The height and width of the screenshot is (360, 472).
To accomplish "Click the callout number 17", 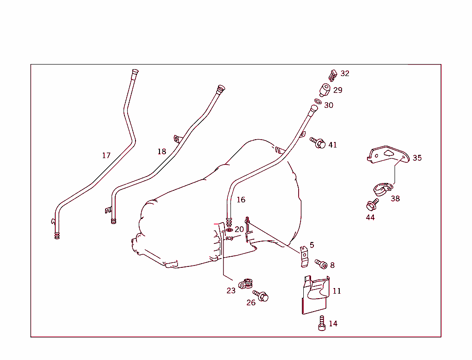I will (106, 155).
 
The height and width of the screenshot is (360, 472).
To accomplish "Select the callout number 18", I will (161, 151).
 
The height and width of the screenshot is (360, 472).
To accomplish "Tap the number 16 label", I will (241, 200).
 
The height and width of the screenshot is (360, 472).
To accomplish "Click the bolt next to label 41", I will (319, 143).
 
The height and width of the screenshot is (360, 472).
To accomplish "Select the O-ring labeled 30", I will (318, 102).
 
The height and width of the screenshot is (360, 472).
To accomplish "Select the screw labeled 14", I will (321, 323).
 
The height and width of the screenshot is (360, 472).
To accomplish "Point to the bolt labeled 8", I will (321, 264).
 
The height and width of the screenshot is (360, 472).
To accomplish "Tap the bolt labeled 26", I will (260, 296).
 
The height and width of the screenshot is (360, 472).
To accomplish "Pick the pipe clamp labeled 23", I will (246, 283).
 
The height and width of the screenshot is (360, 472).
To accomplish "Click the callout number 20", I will (239, 229).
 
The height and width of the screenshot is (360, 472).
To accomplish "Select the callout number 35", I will (417, 158).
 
